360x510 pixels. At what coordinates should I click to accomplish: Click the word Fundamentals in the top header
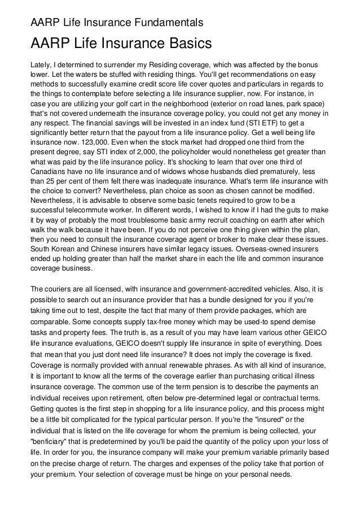(169, 23)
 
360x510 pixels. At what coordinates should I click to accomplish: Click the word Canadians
(49, 184)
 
